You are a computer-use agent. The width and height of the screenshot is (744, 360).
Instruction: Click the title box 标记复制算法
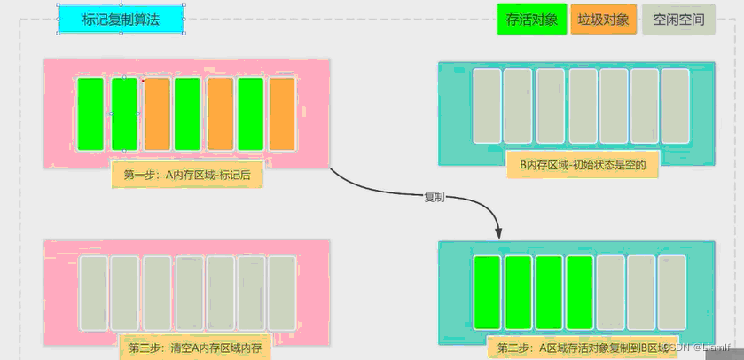pos(121,19)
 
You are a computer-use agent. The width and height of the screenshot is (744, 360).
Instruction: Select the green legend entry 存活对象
pos(532,19)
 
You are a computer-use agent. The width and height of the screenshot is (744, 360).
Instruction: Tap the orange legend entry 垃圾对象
pos(603,19)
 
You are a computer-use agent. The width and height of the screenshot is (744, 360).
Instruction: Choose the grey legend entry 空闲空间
pos(678,19)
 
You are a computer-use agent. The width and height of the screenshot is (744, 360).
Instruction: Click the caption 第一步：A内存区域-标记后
pos(187,175)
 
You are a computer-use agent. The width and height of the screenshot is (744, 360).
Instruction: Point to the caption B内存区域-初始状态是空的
pos(583,164)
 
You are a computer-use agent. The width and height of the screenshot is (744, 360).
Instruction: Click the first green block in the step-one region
pos(91,113)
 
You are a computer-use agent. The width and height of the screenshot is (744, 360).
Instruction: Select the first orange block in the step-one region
pos(157,113)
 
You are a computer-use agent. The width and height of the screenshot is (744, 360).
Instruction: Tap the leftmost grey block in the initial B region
pos(487,106)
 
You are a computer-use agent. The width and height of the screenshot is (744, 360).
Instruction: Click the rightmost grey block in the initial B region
pos(675,106)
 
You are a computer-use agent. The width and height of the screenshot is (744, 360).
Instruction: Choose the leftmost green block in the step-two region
pos(487,293)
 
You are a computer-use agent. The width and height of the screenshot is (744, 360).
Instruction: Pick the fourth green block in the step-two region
pos(579,293)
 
